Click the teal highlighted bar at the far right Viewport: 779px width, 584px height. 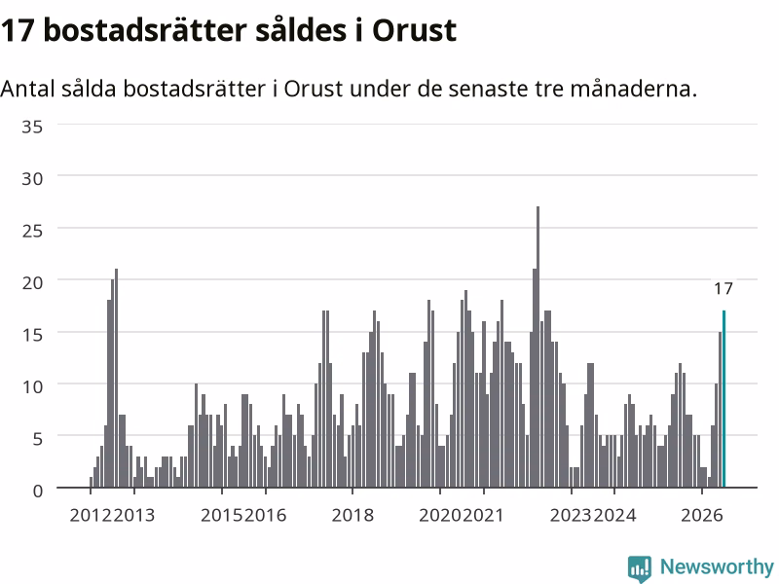pyautogui.click(x=723, y=399)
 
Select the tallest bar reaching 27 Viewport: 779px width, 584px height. pyautogui.click(x=538, y=347)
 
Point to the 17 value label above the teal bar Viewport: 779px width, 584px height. pyautogui.click(x=723, y=288)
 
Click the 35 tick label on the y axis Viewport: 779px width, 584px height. pyautogui.click(x=32, y=127)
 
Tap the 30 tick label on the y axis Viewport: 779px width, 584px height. pyautogui.click(x=32, y=179)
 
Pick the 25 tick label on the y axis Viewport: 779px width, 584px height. pyautogui.click(x=32, y=231)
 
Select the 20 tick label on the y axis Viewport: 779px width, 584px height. pyautogui.click(x=32, y=282)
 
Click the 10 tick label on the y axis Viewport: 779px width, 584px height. pyautogui.click(x=32, y=386)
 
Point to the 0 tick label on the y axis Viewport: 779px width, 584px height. pyautogui.click(x=38, y=491)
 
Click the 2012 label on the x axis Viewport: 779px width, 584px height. pyautogui.click(x=91, y=515)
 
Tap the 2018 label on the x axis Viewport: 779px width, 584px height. pyautogui.click(x=352, y=515)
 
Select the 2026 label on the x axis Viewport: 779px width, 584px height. pyautogui.click(x=701, y=515)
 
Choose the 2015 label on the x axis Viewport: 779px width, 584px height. pyautogui.click(x=222, y=515)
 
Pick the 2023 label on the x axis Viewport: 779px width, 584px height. pyautogui.click(x=571, y=515)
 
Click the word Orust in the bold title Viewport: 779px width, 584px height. pyautogui.click(x=415, y=31)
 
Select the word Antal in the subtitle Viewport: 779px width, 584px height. pyautogui.click(x=27, y=89)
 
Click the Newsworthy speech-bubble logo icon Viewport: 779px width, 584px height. pyautogui.click(x=640, y=568)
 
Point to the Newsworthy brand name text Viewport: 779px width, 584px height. pyautogui.click(x=717, y=566)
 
